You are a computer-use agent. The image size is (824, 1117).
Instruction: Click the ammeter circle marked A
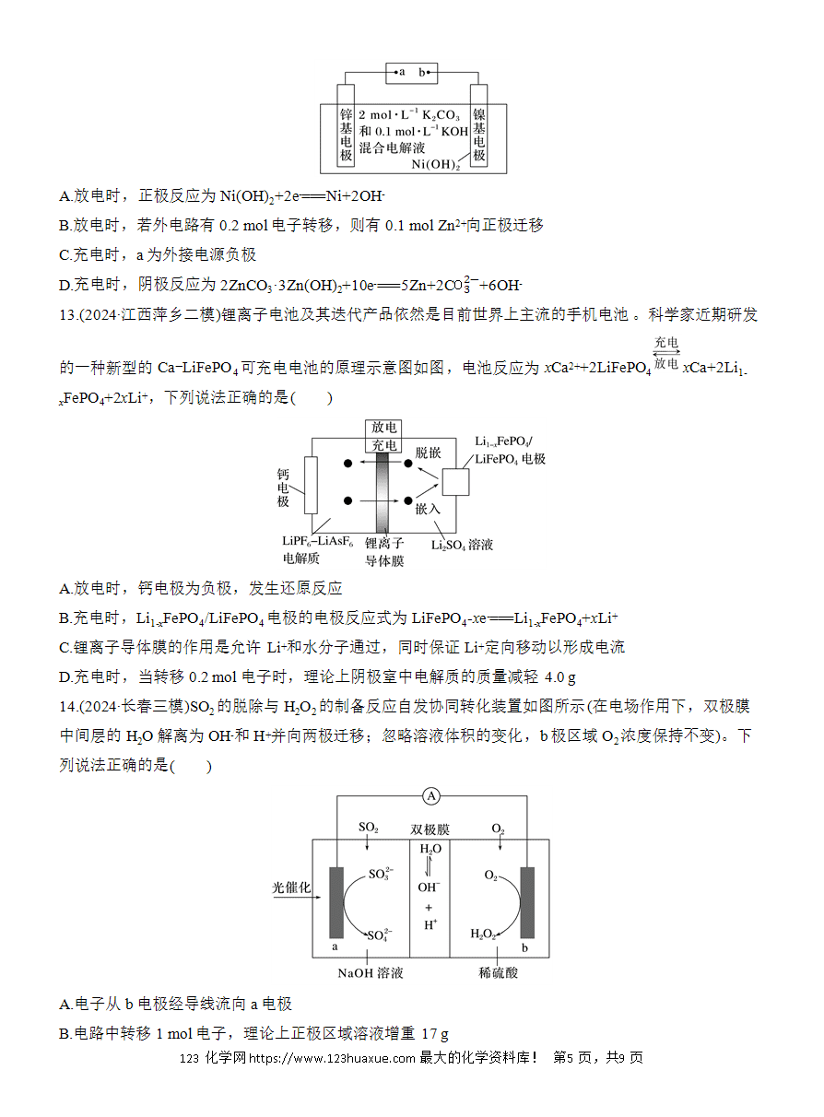[431, 796]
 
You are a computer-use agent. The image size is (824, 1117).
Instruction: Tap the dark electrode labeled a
[336, 902]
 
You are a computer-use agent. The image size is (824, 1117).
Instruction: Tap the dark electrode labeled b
[527, 902]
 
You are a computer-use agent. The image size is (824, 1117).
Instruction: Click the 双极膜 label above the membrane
[430, 829]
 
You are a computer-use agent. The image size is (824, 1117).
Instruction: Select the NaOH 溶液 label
[371, 973]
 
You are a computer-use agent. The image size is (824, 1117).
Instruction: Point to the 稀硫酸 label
[499, 972]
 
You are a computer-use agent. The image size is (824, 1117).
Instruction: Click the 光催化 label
[291, 888]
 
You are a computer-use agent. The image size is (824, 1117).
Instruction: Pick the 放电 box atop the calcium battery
[383, 428]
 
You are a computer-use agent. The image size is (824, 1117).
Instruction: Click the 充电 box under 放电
[383, 445]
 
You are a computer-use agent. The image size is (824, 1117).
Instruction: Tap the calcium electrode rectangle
[311, 485]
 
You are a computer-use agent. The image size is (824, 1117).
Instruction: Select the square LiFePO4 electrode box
[455, 482]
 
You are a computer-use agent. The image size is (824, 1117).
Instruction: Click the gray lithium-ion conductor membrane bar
[383, 493]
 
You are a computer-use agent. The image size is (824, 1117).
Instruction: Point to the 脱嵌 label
[428, 453]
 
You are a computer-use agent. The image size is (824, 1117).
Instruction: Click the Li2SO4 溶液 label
[462, 545]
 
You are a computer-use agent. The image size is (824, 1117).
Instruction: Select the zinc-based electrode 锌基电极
[346, 125]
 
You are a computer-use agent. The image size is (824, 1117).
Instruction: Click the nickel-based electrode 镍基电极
[479, 125]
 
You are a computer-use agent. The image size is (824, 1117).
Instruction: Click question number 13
[67, 314]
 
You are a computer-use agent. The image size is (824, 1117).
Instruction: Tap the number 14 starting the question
[67, 707]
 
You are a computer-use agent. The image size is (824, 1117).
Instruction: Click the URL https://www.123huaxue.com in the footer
[332, 1058]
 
